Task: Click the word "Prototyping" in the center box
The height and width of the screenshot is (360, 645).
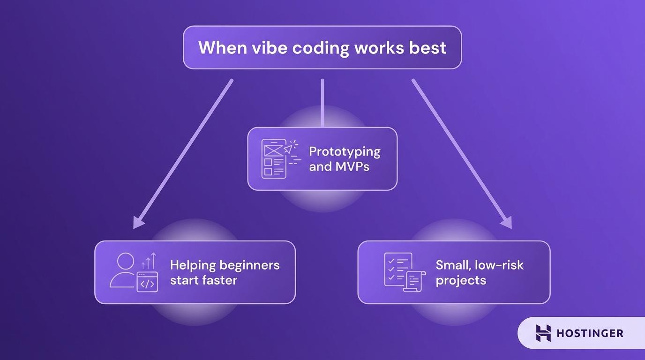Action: pos(345,151)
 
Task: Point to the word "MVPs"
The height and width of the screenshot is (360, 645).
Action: pos(352,166)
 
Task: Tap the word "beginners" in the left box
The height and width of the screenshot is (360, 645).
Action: pos(249,265)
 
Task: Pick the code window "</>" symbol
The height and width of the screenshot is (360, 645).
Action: pos(147,283)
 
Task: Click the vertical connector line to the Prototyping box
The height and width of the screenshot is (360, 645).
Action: pos(322,103)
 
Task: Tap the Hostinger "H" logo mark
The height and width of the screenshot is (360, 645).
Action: pos(543,333)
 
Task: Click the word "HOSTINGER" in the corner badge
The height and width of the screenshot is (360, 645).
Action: pos(590,333)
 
